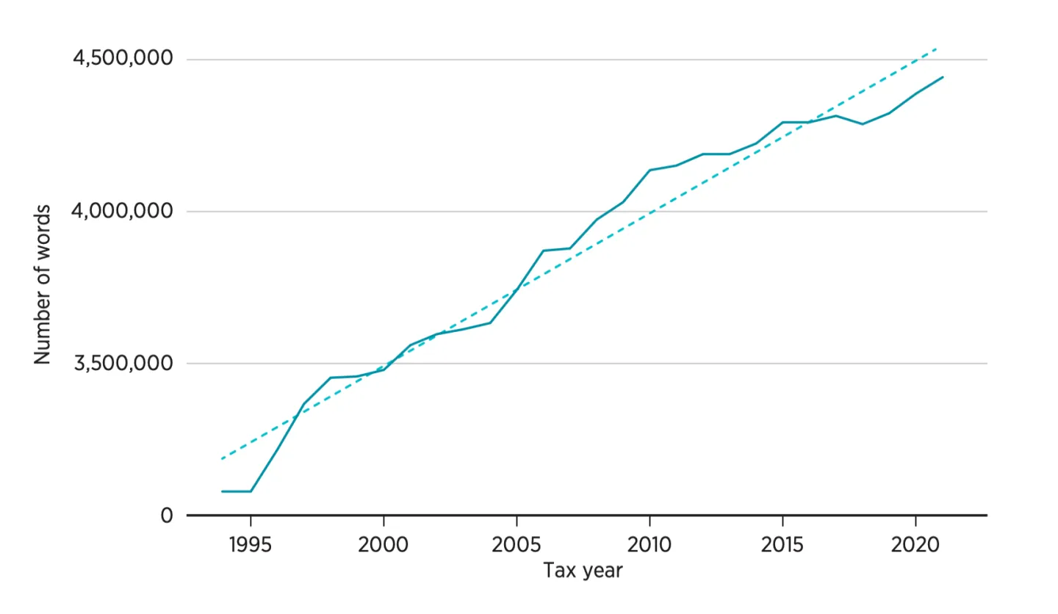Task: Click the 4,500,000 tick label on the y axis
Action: point(123,59)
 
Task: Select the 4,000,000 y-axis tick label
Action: point(123,212)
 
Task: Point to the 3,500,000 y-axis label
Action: point(123,364)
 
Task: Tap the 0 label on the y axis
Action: point(167,516)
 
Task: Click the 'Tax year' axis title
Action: point(583,570)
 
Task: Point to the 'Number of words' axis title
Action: point(43,285)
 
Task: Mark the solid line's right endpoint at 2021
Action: point(943,76)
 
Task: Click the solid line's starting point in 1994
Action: point(222,491)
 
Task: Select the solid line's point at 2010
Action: point(649,170)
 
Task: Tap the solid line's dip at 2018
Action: point(863,124)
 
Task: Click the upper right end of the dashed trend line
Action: point(937,48)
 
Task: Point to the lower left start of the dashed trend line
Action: point(222,459)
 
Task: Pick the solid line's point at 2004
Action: point(490,322)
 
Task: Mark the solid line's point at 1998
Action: point(330,378)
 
